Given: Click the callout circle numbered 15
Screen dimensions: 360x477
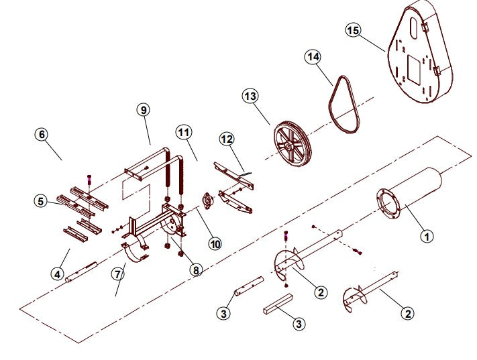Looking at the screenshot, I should tap(353, 30).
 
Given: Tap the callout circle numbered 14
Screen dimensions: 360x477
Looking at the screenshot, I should tap(313, 57).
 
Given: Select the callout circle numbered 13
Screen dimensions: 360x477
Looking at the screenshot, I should tap(250, 97).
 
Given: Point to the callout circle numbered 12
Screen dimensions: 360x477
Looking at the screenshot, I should tap(227, 139).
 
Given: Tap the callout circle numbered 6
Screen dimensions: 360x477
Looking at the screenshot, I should tap(42, 133).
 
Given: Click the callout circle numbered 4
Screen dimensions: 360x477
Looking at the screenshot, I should tap(58, 274).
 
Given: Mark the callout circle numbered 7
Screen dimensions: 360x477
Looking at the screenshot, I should tap(119, 274).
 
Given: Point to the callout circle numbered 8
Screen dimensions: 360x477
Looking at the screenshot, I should tap(195, 270).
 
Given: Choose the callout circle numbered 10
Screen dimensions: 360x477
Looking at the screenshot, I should tap(215, 244).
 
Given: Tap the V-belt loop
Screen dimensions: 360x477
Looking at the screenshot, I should tap(347, 104).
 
